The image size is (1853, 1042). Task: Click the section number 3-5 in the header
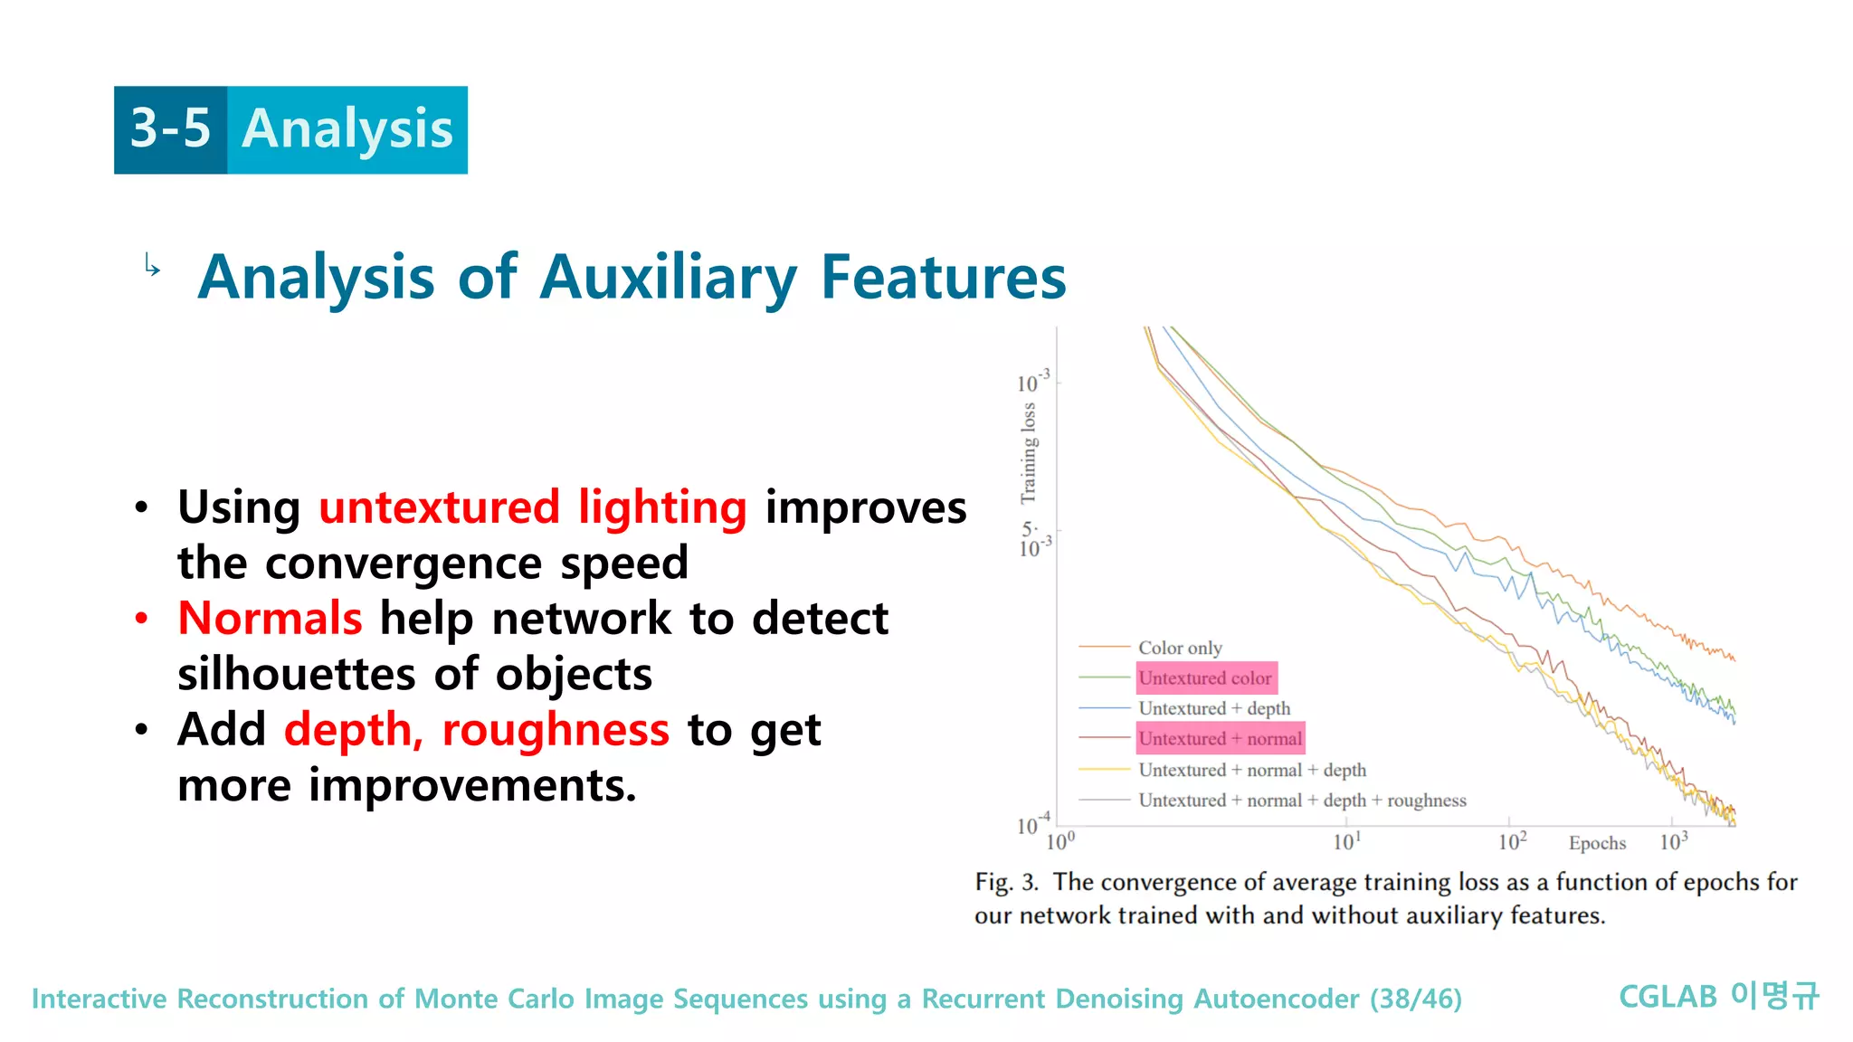170,128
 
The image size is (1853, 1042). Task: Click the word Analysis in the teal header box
347,128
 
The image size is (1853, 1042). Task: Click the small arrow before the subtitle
152,265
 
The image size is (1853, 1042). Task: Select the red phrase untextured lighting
532,507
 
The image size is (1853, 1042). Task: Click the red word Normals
270,619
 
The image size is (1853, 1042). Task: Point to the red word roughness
555,729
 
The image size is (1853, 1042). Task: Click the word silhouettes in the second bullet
295,674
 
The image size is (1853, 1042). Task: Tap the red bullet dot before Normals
141,619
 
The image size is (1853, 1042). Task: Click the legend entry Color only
1179,648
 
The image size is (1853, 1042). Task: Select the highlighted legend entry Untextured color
1205,677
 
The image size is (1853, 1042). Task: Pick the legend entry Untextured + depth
1213,708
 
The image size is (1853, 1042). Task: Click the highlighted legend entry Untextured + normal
1220,739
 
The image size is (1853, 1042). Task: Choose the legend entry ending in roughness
1301,800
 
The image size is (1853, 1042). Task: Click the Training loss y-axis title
1028,452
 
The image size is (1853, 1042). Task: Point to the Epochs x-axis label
1597,843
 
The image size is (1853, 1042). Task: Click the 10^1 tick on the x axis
1346,842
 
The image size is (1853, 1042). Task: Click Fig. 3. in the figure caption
1005,882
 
